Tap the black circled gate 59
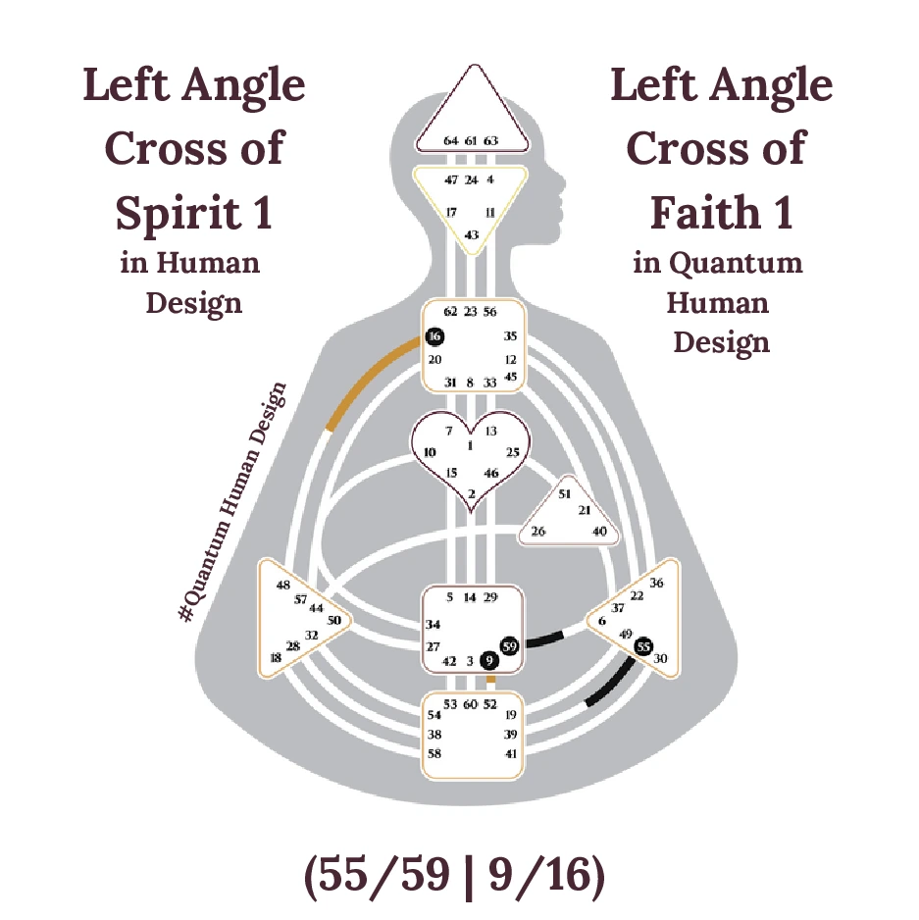tap(509, 646)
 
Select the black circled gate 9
tap(490, 661)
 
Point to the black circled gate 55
tap(643, 646)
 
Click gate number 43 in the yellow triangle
tap(472, 234)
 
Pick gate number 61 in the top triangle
tap(471, 141)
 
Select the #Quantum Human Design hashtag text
tap(234, 501)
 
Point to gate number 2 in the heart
tap(472, 493)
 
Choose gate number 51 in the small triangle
tap(564, 494)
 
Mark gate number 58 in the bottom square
tap(434, 753)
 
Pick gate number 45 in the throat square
tap(510, 376)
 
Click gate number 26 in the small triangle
tap(538, 532)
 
